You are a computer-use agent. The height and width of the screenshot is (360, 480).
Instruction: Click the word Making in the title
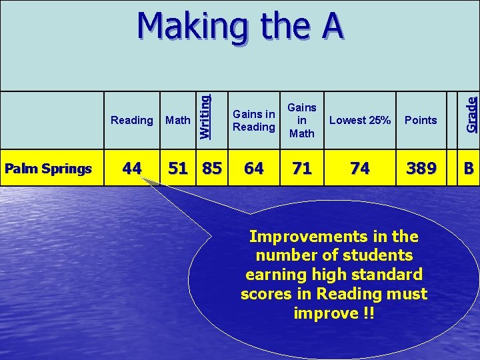(x=189, y=27)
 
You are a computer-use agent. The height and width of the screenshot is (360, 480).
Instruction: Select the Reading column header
(x=131, y=120)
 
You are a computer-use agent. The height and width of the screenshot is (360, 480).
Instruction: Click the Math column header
(x=177, y=120)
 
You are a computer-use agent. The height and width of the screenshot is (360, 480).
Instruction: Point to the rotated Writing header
(x=205, y=116)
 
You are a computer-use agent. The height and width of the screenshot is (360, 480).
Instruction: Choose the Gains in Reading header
(x=253, y=120)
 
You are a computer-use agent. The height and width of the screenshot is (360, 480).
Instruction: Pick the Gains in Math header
(x=302, y=120)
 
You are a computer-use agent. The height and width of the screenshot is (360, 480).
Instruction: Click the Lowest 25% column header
(x=360, y=120)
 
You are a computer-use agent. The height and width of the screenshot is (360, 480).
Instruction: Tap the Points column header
(x=421, y=120)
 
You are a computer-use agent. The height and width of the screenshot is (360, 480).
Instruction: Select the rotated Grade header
(x=471, y=114)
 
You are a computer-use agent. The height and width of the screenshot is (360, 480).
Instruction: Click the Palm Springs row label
(x=48, y=169)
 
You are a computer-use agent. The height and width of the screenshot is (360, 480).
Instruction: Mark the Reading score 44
(x=131, y=169)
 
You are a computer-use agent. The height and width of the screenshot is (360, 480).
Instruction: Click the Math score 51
(x=178, y=169)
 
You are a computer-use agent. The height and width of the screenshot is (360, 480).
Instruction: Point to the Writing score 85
(x=212, y=169)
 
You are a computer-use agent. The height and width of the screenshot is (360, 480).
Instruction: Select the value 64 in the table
(x=253, y=169)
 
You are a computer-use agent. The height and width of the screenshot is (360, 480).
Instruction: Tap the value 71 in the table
(x=302, y=169)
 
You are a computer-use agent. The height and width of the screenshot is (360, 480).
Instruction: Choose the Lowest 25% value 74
(x=360, y=169)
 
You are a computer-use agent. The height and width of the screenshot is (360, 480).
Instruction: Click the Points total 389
(x=421, y=169)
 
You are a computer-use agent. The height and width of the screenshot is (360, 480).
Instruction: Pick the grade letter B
(x=469, y=169)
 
